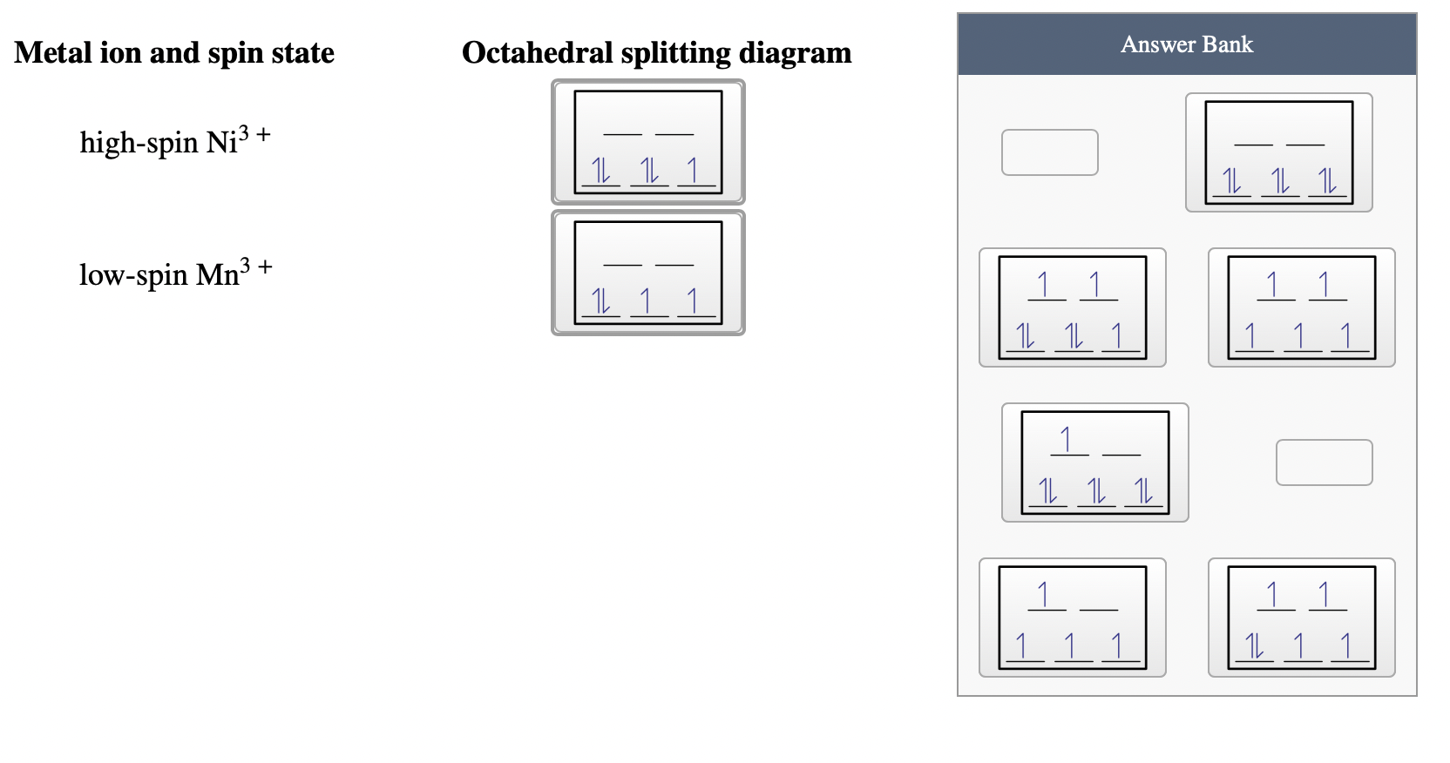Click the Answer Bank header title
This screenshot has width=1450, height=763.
[1186, 44]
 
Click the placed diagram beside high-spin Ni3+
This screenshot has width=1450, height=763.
[647, 142]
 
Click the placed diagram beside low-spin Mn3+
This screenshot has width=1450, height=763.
[647, 273]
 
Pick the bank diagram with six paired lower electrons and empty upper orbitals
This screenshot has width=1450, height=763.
[1278, 152]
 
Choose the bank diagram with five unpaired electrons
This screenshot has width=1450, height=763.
[1301, 307]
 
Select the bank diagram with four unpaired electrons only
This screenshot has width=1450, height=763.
[1072, 618]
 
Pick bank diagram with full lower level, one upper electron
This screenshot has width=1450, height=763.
[1094, 463]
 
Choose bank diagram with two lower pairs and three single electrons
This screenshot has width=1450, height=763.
[1072, 307]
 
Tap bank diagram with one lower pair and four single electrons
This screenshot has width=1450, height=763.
[1301, 618]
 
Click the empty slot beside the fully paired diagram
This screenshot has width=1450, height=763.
[1049, 152]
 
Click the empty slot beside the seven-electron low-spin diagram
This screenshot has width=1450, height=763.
[1324, 463]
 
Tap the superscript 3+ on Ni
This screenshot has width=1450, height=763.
[255, 134]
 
